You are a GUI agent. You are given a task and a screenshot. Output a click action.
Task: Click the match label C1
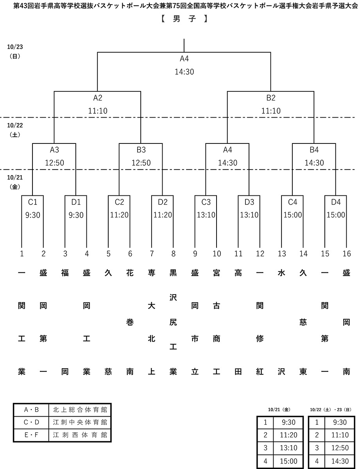pos(32,202)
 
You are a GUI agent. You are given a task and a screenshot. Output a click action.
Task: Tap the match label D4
pos(336,202)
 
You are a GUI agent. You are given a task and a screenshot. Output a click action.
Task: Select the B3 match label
pos(141,150)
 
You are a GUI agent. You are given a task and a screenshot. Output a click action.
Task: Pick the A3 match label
pos(54,150)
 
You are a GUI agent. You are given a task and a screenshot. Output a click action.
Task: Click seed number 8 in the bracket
pos(173,254)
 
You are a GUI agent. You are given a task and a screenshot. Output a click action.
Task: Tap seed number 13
pos(282,254)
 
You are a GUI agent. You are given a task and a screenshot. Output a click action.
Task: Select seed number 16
pos(346,254)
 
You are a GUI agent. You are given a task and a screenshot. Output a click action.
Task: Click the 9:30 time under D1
pos(76,215)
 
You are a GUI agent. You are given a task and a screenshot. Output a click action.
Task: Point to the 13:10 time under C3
pos(206,215)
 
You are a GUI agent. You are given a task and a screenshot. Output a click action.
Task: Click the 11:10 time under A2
pos(98,111)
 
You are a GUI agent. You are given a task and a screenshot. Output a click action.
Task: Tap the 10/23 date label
pos(15,47)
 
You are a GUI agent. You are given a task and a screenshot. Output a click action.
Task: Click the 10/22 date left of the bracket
pos(15,125)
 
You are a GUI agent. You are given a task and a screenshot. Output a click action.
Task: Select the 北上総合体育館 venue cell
pos(80,410)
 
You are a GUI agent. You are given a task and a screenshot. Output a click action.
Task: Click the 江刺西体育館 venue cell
pos(80,435)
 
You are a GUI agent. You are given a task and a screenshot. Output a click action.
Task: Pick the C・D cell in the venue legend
pos(31,422)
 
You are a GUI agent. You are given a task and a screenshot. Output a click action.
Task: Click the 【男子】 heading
pos(184,18)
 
